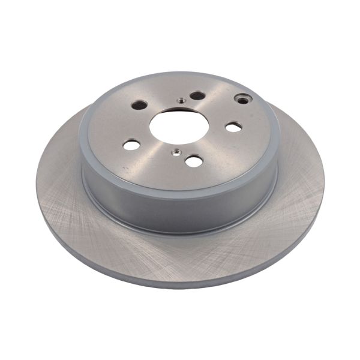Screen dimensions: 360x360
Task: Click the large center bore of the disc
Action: point(179,125)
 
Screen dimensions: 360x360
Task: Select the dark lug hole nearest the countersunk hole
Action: point(197,96)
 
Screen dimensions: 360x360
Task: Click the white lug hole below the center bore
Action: point(193,160)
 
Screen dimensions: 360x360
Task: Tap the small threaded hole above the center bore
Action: point(180,101)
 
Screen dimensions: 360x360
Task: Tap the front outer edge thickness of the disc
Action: point(180,282)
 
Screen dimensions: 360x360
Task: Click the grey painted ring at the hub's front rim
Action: point(180,180)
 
